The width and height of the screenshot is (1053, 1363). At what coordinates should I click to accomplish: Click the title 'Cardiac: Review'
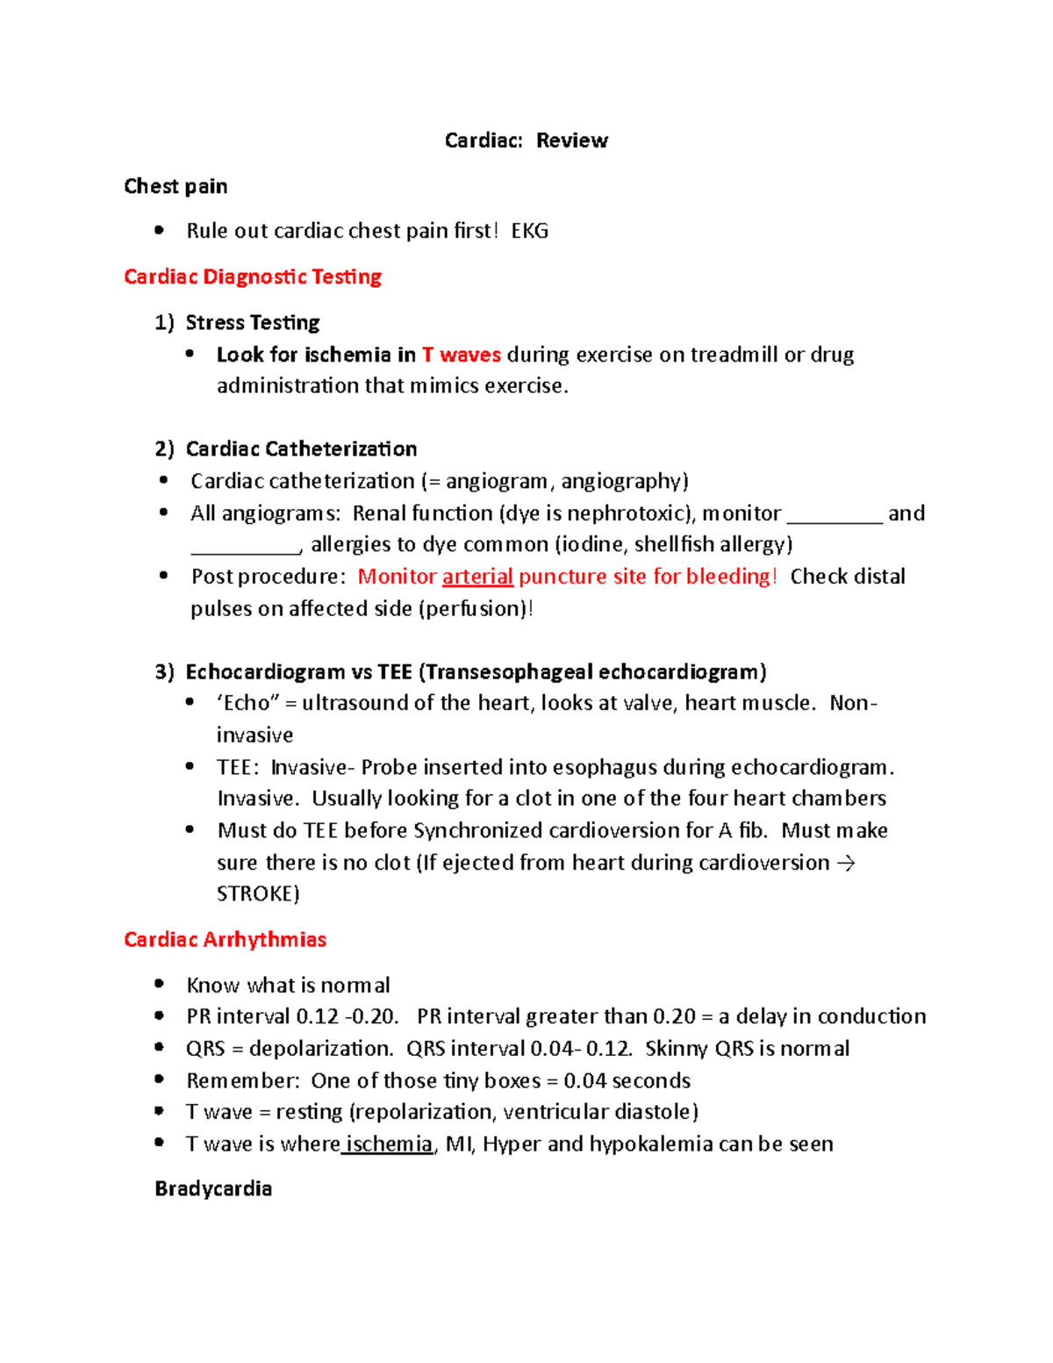point(526,140)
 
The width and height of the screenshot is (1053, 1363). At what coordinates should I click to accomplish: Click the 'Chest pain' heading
point(175,186)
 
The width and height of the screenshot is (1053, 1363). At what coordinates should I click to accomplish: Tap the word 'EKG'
point(529,231)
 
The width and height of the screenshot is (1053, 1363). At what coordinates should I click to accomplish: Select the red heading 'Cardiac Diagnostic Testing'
point(253,276)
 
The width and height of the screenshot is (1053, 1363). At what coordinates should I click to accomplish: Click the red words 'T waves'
point(461,355)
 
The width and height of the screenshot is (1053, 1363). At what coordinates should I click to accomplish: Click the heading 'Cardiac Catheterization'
point(301,449)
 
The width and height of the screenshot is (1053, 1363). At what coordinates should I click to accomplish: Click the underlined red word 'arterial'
point(477,577)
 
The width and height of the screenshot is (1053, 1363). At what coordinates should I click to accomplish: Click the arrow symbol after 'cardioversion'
point(845,863)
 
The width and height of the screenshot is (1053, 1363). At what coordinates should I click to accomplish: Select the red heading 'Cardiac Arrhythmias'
point(225,939)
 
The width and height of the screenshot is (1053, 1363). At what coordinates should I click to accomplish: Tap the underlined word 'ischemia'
point(389,1144)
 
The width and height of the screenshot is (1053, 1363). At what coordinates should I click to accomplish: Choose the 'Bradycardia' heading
point(213,1188)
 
